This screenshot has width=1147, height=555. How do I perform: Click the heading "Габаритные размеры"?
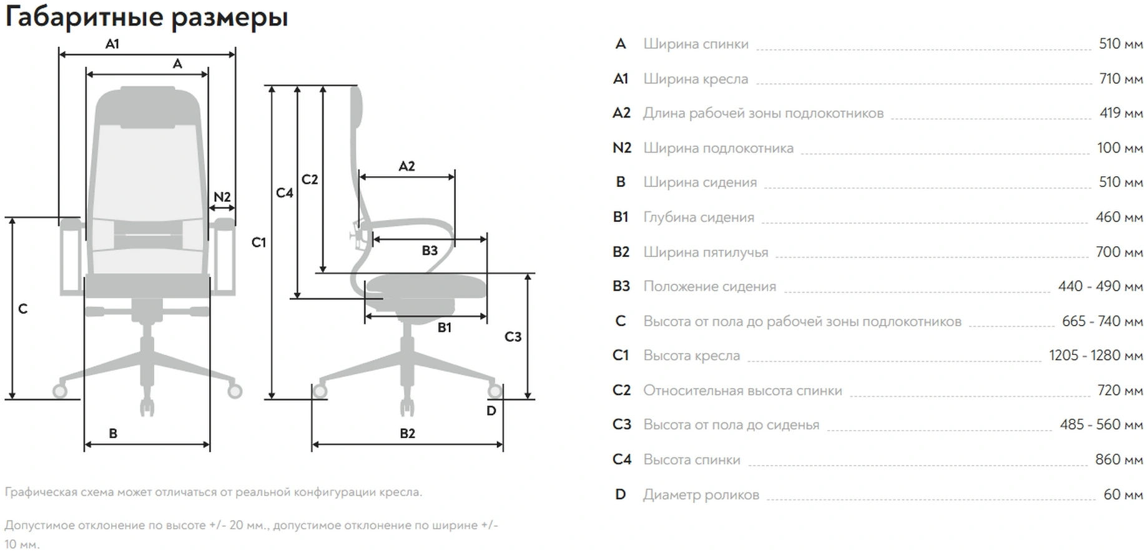point(146,17)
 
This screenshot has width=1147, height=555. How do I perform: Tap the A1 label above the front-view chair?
point(112,44)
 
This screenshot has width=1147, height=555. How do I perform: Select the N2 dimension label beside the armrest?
point(222,197)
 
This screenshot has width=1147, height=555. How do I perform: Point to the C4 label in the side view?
point(285,192)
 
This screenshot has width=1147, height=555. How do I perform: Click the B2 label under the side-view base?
point(407,433)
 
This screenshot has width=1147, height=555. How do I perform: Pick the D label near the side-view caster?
point(491,411)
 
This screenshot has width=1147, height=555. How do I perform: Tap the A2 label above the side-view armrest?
point(406,166)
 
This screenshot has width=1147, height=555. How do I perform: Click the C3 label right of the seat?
point(513,337)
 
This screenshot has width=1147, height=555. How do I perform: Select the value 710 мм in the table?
point(1121,79)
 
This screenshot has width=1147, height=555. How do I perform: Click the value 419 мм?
point(1121,113)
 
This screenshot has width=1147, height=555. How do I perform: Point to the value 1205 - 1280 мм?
point(1096,356)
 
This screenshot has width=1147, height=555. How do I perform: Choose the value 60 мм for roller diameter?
point(1123,494)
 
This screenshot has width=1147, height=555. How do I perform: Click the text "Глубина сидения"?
point(699,217)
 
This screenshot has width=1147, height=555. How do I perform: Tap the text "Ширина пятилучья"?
point(706,252)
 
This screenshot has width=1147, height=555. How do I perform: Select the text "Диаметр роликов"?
point(701,495)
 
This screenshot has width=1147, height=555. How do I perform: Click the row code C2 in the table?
point(621,391)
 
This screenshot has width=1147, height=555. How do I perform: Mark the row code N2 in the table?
point(622,148)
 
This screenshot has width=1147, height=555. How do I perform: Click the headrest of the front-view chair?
point(147,100)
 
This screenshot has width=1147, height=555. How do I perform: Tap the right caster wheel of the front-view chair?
point(235,391)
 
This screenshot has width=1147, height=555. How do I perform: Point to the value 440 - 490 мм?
point(1100,286)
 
